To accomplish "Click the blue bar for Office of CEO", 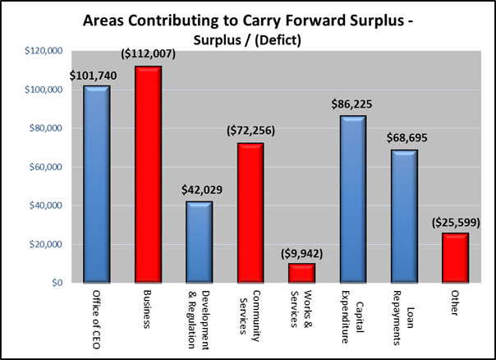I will tap(96, 184).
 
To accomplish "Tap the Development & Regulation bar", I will tap(199, 242).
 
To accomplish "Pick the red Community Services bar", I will tap(250, 213).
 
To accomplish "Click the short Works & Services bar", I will tap(301, 273).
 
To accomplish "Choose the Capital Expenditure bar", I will tap(353, 199).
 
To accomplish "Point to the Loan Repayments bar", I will tap(404, 216).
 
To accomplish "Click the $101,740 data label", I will tap(97, 76).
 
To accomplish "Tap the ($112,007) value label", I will tap(149, 54).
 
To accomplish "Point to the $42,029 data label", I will tap(200, 191).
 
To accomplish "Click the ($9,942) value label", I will tap(302, 252).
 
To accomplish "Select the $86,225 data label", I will tap(353, 105).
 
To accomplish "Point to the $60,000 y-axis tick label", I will tap(47, 167).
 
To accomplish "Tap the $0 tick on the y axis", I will tap(57, 283).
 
